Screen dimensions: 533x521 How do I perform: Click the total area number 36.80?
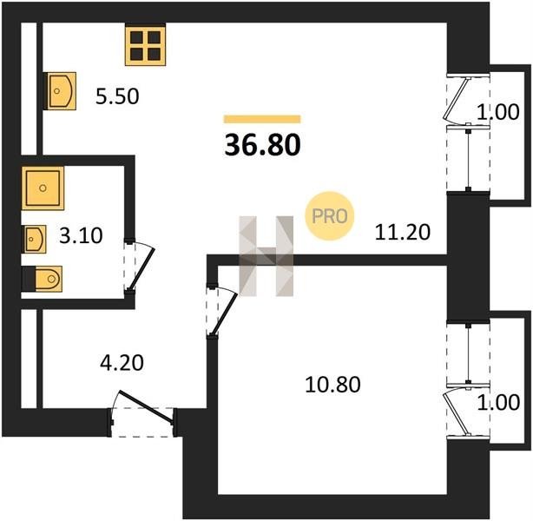click(262, 144)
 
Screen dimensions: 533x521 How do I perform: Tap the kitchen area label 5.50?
click(117, 96)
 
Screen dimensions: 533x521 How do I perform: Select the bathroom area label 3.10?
click(81, 235)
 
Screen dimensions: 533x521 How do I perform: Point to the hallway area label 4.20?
click(122, 362)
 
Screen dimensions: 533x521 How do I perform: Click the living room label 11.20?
click(403, 233)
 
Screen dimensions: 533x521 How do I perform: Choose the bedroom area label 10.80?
click(332, 385)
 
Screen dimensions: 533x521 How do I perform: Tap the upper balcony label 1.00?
click(498, 112)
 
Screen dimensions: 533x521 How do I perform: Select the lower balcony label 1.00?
click(498, 402)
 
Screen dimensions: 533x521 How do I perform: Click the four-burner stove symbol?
click(146, 45)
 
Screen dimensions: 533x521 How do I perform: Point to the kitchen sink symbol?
click(60, 91)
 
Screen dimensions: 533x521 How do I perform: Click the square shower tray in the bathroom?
click(43, 188)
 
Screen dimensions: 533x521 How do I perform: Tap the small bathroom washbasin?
click(34, 239)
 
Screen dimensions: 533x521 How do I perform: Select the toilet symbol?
click(43, 279)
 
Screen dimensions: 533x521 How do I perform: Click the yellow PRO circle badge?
click(329, 216)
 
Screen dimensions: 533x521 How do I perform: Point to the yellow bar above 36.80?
click(262, 119)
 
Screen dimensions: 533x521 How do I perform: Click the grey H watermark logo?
click(266, 256)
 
